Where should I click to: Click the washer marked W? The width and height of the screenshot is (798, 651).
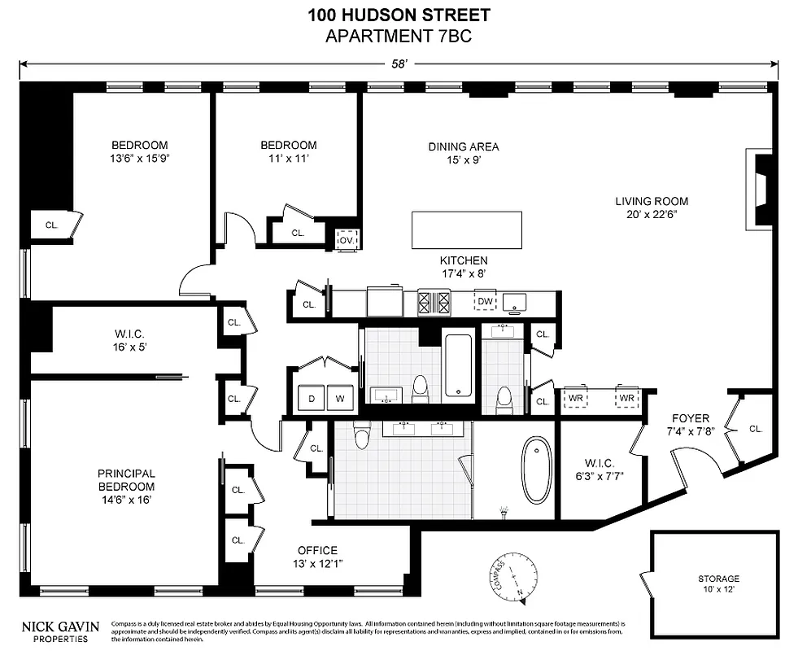click(340, 399)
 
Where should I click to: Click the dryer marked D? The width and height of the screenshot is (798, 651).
click(312, 399)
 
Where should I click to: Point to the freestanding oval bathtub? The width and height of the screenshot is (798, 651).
click(535, 470)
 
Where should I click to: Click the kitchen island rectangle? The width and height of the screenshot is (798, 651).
click(466, 230)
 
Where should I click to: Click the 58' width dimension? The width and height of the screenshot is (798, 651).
click(399, 63)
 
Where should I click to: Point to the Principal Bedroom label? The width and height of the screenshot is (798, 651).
click(126, 480)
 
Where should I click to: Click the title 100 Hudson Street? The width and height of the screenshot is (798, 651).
click(399, 15)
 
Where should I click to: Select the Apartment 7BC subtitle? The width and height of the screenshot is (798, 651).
click(399, 36)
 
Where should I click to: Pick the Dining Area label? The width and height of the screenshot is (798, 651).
click(463, 153)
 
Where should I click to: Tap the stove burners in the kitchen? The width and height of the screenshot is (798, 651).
click(434, 303)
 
